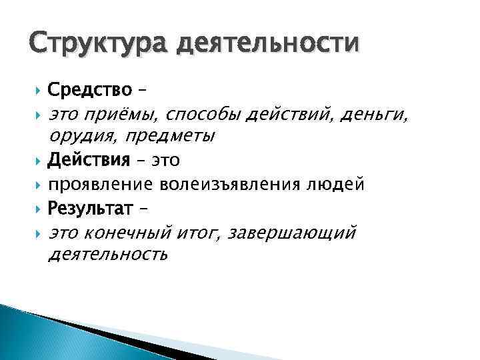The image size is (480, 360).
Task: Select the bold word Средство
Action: [90, 91]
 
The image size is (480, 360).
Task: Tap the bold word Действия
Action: [89, 161]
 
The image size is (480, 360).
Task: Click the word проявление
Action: [99, 184]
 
